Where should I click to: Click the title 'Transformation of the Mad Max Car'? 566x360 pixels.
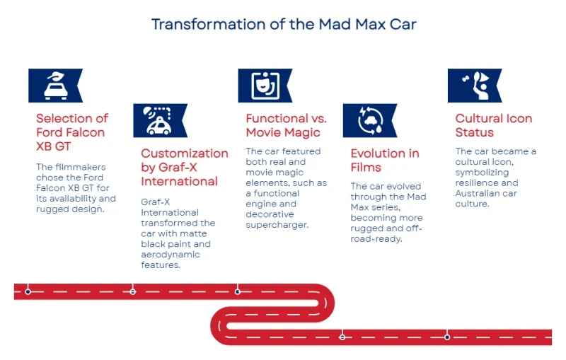click(x=284, y=24)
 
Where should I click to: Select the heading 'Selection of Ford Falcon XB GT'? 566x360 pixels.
click(x=72, y=132)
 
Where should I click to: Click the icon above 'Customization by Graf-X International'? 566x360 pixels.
click(x=157, y=120)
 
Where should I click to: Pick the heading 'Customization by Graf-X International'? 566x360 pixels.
click(x=184, y=168)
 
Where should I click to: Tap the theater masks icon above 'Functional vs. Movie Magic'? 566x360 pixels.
click(x=262, y=86)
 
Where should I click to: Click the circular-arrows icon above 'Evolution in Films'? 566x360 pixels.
click(x=366, y=120)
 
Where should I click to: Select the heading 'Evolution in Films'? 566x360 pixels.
click(x=385, y=161)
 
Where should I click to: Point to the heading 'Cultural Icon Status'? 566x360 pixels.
click(x=493, y=125)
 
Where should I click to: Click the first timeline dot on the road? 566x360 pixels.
click(x=28, y=291)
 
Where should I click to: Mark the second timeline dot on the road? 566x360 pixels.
click(x=132, y=291)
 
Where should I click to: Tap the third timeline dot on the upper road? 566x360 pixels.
click(x=238, y=291)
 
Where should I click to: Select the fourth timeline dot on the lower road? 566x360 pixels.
click(x=342, y=337)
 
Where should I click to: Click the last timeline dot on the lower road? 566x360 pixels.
click(x=447, y=337)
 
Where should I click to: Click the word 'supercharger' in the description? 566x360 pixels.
click(x=277, y=225)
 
